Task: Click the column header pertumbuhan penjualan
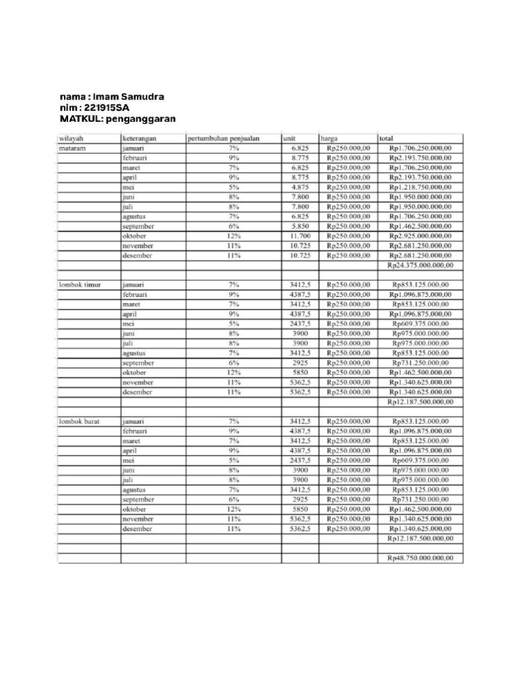(223, 138)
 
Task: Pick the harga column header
(330, 138)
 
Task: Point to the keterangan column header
(140, 138)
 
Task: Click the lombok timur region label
(80, 285)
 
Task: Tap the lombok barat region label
(80, 421)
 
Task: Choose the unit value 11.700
(300, 236)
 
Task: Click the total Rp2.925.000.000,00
(420, 236)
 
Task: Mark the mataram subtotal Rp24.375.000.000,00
(420, 265)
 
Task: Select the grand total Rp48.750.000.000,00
(420, 558)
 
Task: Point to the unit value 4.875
(300, 187)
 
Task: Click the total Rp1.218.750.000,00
(420, 187)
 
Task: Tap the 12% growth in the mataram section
(234, 236)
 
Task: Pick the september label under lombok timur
(138, 363)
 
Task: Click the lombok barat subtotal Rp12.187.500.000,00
(420, 538)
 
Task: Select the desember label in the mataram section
(138, 256)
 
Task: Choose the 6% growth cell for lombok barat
(234, 500)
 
